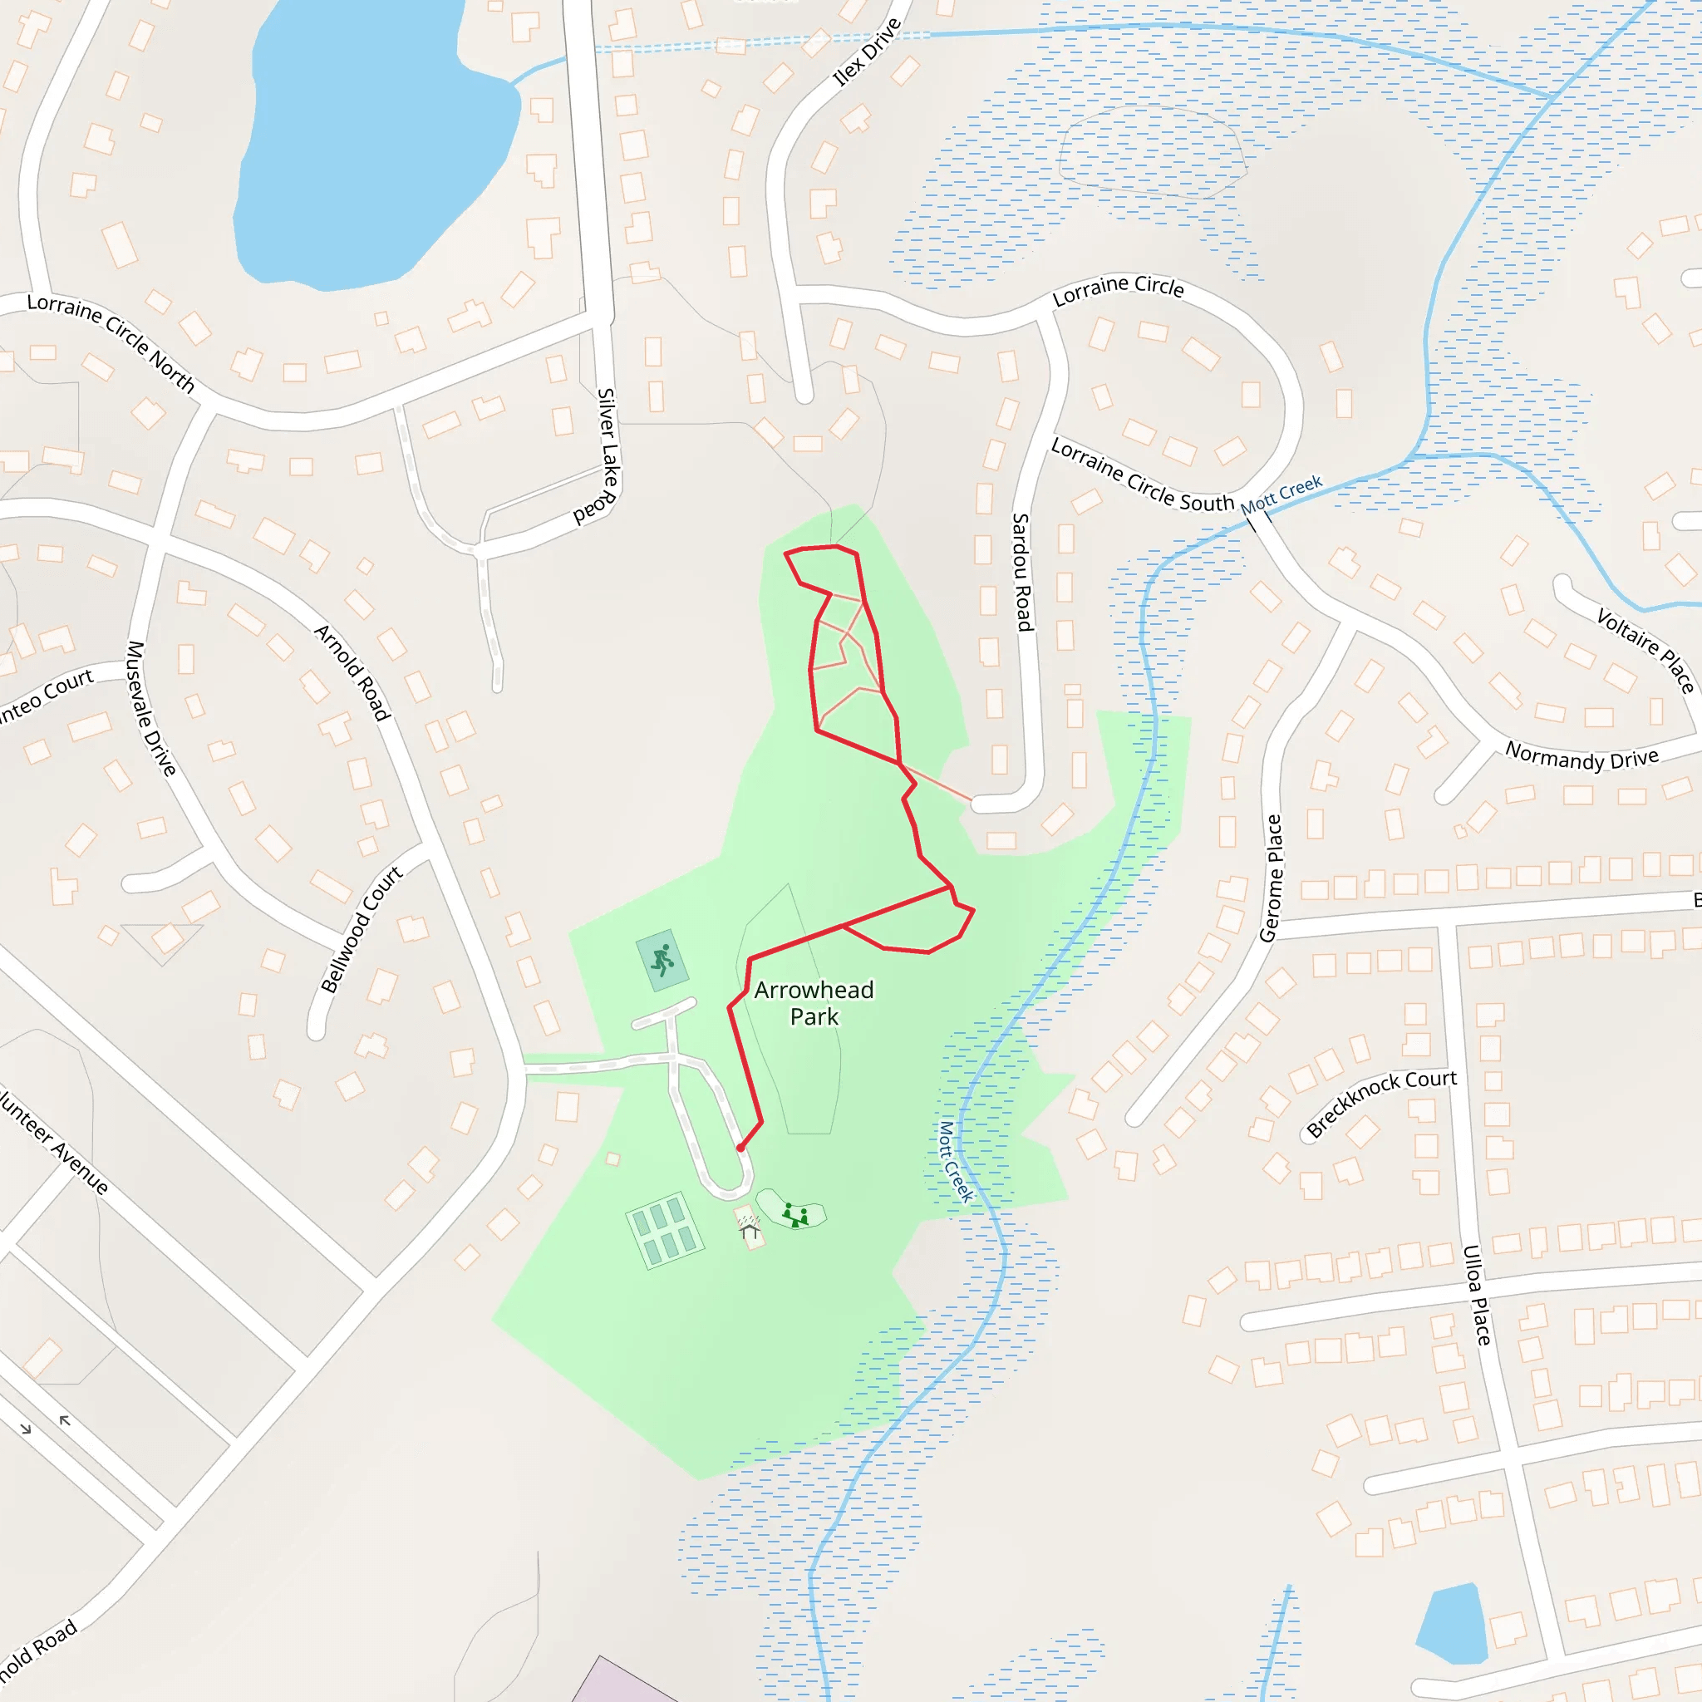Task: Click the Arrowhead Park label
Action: (x=813, y=1003)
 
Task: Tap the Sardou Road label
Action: (x=1021, y=573)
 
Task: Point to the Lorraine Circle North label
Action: (x=111, y=341)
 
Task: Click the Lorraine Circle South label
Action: (x=1142, y=475)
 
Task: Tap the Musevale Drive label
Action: (x=150, y=708)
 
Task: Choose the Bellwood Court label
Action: (x=362, y=928)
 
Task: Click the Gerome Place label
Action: (x=1272, y=878)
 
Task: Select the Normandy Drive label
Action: (x=1581, y=756)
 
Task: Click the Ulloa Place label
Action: (x=1477, y=1295)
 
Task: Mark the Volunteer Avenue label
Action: (x=53, y=1142)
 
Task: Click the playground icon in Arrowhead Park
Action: (x=795, y=1217)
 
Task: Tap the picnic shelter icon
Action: (x=750, y=1227)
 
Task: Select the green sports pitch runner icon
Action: (x=662, y=959)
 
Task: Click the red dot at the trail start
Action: (x=740, y=1148)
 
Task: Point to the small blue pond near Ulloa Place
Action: (x=1453, y=1626)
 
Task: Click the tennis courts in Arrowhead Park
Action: (x=664, y=1231)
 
